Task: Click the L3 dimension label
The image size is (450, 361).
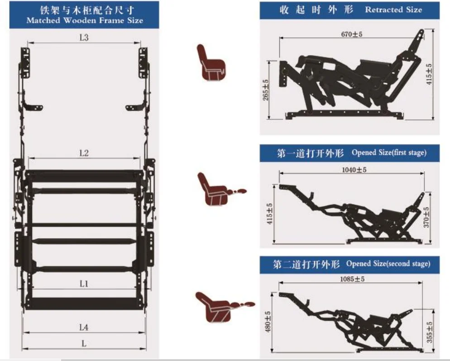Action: coord(84,38)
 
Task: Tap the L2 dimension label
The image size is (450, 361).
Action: coord(84,153)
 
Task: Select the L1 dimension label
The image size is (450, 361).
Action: coord(84,284)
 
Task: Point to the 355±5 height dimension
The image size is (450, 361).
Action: coord(430,332)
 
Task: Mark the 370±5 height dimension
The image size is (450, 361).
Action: coord(426,217)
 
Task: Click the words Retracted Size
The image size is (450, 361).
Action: coord(393,9)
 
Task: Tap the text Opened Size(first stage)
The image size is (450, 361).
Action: coord(389,152)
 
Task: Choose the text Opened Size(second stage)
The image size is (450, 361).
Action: coord(388,263)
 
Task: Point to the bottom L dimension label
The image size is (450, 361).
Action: coord(84,343)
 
